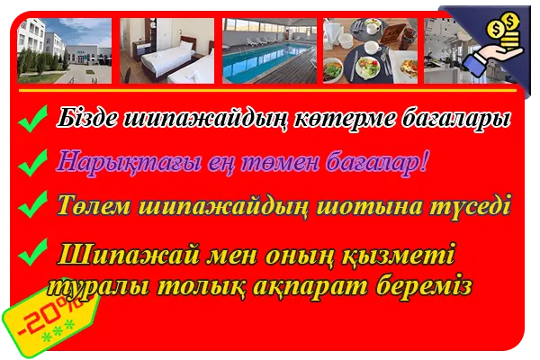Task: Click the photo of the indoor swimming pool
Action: (x=269, y=50)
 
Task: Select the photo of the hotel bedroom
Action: (x=167, y=50)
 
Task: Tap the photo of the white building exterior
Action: (x=65, y=50)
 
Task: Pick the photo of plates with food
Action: (x=370, y=50)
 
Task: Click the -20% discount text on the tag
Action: (x=51, y=315)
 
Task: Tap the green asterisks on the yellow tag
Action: (x=58, y=331)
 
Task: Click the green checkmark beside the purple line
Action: (x=32, y=163)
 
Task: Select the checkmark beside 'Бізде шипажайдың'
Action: (x=32, y=119)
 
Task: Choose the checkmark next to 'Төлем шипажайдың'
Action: (x=32, y=204)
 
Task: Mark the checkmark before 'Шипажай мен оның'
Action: (x=32, y=252)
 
